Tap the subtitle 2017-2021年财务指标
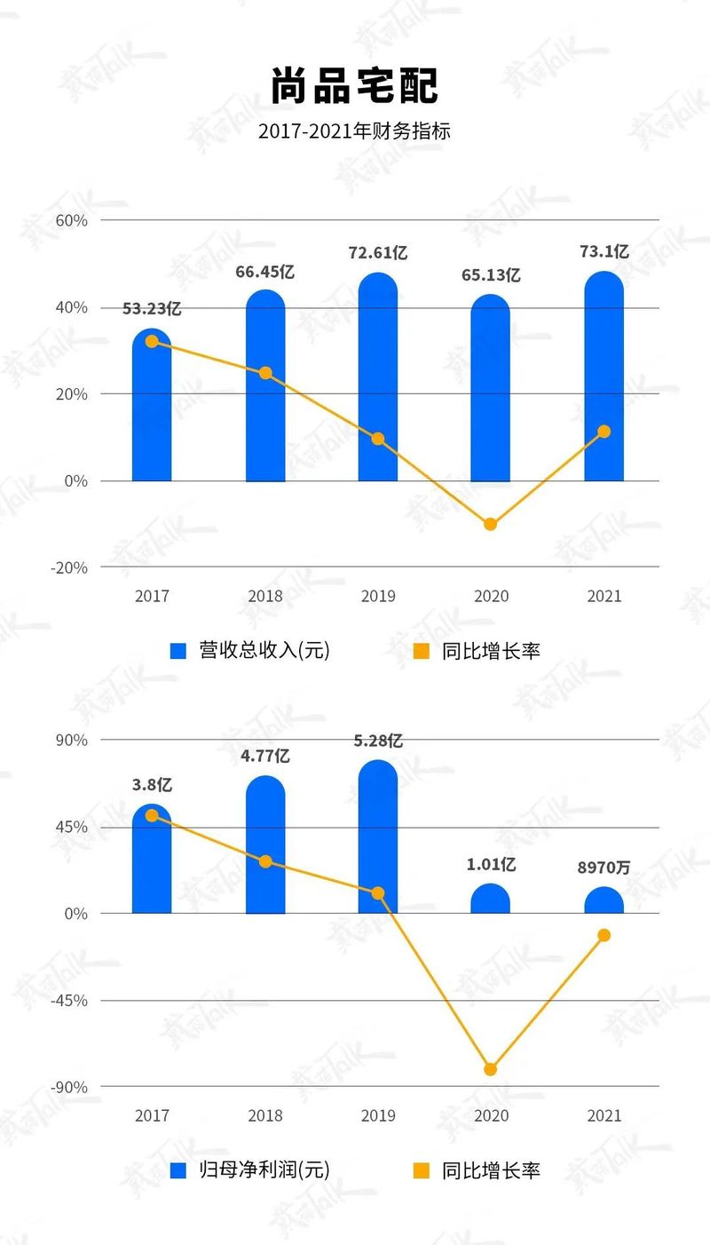(x=355, y=131)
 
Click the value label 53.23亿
(x=152, y=309)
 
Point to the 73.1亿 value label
(x=603, y=252)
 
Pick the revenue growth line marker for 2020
(x=491, y=524)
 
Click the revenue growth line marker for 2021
(x=603, y=432)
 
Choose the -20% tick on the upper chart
(x=70, y=567)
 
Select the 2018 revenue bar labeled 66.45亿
(x=265, y=391)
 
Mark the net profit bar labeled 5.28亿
(x=378, y=839)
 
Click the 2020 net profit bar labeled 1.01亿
(x=491, y=900)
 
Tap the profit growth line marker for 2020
(x=491, y=1069)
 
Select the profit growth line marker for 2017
(x=152, y=815)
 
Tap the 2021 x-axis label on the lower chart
(x=603, y=1115)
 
